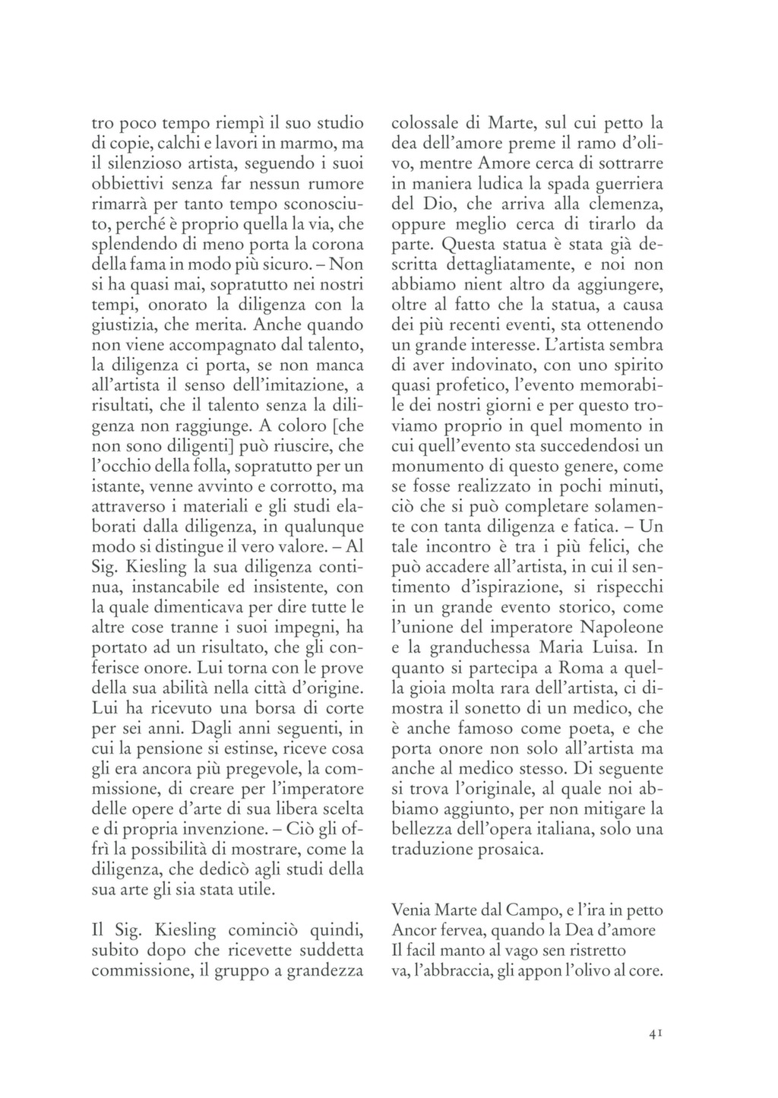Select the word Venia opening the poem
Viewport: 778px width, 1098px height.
(x=410, y=909)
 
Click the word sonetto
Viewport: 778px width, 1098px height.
(x=514, y=709)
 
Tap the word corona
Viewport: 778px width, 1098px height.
(x=337, y=245)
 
